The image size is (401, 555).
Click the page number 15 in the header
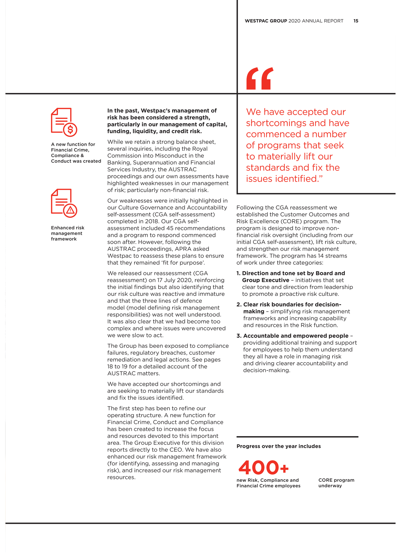pos(356,21)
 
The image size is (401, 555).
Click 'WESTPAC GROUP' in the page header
pos(266,21)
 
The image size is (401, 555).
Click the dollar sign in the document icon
pos(70,129)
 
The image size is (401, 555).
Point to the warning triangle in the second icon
pos(70,211)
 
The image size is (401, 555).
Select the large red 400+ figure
pos(263,468)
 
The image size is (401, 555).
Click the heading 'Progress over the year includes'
pos(279,446)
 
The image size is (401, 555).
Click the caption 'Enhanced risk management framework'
pos(68,233)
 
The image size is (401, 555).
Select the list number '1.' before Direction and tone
pos(238,273)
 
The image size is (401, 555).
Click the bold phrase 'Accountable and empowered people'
pos(296,336)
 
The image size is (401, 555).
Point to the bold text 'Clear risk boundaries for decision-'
pos(292,305)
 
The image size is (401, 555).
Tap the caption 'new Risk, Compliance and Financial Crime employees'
pos(268,483)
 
